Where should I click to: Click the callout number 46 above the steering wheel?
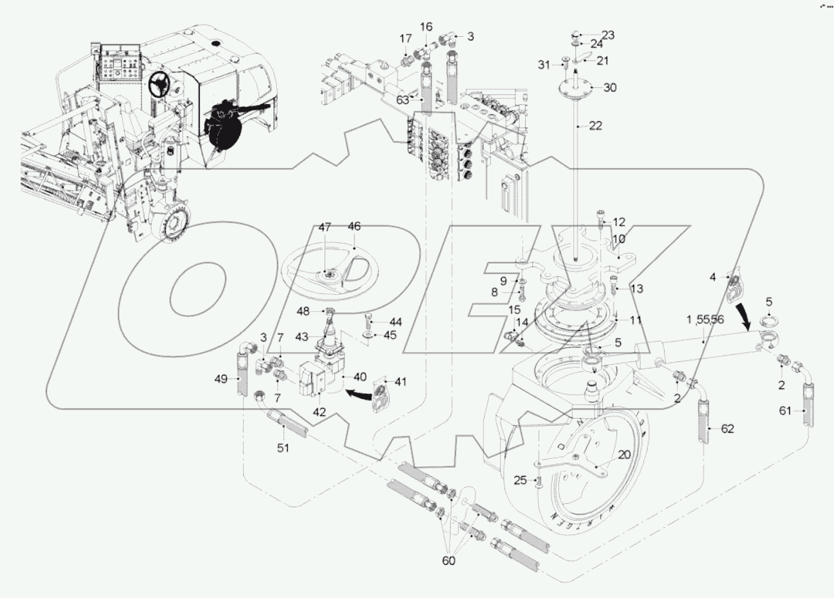[354, 227]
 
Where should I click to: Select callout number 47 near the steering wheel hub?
[324, 227]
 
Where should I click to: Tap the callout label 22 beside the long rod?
[594, 125]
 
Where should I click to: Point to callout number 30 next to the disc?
[610, 88]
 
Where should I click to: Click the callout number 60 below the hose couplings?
[449, 560]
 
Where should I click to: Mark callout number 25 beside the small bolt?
[520, 481]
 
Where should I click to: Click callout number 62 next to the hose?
[728, 429]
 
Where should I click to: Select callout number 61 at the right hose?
[787, 410]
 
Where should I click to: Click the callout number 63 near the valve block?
[402, 100]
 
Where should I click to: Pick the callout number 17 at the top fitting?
[405, 38]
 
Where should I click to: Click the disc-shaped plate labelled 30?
[575, 89]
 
